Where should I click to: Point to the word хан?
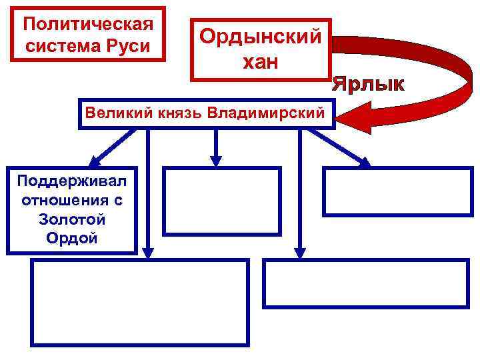[261, 62]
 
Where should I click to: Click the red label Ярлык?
[369, 85]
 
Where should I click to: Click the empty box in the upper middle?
[222, 201]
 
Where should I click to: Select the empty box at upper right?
[397, 191]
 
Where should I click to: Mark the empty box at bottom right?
[366, 283]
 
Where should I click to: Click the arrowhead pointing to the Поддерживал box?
[95, 161]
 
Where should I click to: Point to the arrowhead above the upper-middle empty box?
[215, 160]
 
